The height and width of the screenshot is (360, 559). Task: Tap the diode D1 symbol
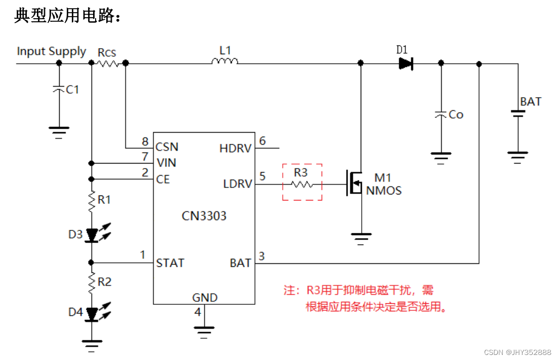tap(406, 63)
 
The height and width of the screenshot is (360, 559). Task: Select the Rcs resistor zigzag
tap(108, 63)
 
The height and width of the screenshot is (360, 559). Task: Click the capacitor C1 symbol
tap(59, 89)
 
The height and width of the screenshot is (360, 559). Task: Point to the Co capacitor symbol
tap(441, 115)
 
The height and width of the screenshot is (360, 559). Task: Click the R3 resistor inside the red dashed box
tap(302, 185)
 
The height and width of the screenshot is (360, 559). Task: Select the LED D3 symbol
tap(92, 235)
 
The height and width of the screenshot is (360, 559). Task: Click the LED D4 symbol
tap(92, 313)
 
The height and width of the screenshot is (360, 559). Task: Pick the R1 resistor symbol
tap(92, 201)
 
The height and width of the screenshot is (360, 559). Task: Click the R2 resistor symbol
tap(92, 282)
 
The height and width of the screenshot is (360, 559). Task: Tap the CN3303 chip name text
tap(204, 216)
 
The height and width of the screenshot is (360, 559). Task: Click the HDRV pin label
tap(235, 148)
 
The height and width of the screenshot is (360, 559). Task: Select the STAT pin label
tap(170, 263)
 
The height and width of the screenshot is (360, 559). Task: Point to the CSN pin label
tap(167, 147)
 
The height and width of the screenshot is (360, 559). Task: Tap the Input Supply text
tap(52, 51)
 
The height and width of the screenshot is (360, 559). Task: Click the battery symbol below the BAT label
tap(518, 114)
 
